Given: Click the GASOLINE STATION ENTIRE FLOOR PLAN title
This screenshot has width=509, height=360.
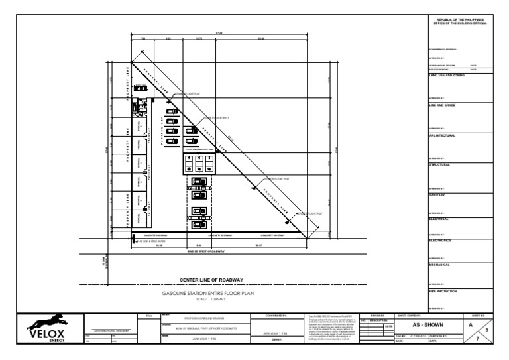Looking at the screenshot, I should pyautogui.click(x=207, y=293).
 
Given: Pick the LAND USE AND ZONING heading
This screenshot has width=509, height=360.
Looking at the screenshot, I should pyautogui.click(x=447, y=76).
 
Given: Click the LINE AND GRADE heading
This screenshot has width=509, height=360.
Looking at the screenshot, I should pyautogui.click(x=442, y=105).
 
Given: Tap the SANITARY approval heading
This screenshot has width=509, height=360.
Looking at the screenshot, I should pyautogui.click(x=438, y=195).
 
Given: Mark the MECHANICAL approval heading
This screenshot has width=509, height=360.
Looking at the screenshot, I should pyautogui.click(x=440, y=265).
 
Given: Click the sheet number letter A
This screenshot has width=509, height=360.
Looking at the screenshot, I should pyautogui.click(x=470, y=326).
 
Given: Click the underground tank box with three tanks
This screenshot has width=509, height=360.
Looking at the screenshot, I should pyautogui.click(x=199, y=163).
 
